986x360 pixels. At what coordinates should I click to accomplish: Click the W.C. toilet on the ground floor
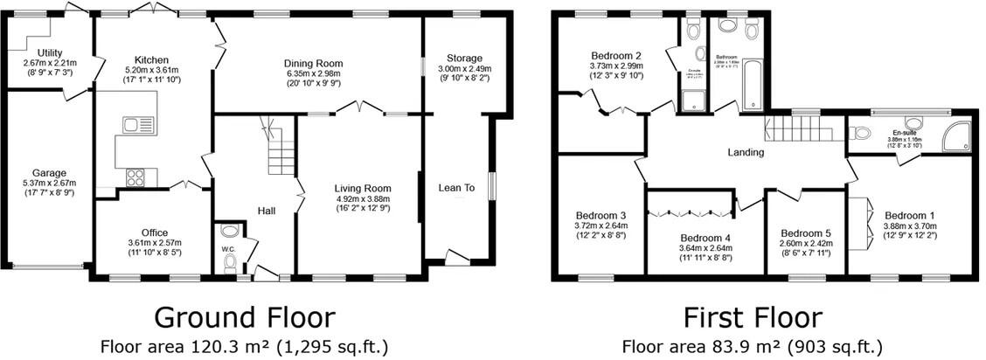(x=230, y=232)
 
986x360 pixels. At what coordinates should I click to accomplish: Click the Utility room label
(x=43, y=52)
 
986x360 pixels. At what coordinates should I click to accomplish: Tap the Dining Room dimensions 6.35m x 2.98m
(x=312, y=74)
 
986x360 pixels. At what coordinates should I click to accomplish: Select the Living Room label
(x=362, y=188)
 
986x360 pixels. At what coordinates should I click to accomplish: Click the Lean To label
(x=456, y=187)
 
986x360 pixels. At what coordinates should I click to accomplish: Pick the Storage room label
(x=464, y=59)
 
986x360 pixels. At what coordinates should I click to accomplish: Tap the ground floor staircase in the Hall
(x=280, y=157)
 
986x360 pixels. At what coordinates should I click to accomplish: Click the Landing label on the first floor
(x=746, y=152)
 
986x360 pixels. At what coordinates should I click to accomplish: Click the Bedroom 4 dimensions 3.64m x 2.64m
(x=705, y=248)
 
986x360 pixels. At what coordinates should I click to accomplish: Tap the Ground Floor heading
(x=244, y=316)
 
